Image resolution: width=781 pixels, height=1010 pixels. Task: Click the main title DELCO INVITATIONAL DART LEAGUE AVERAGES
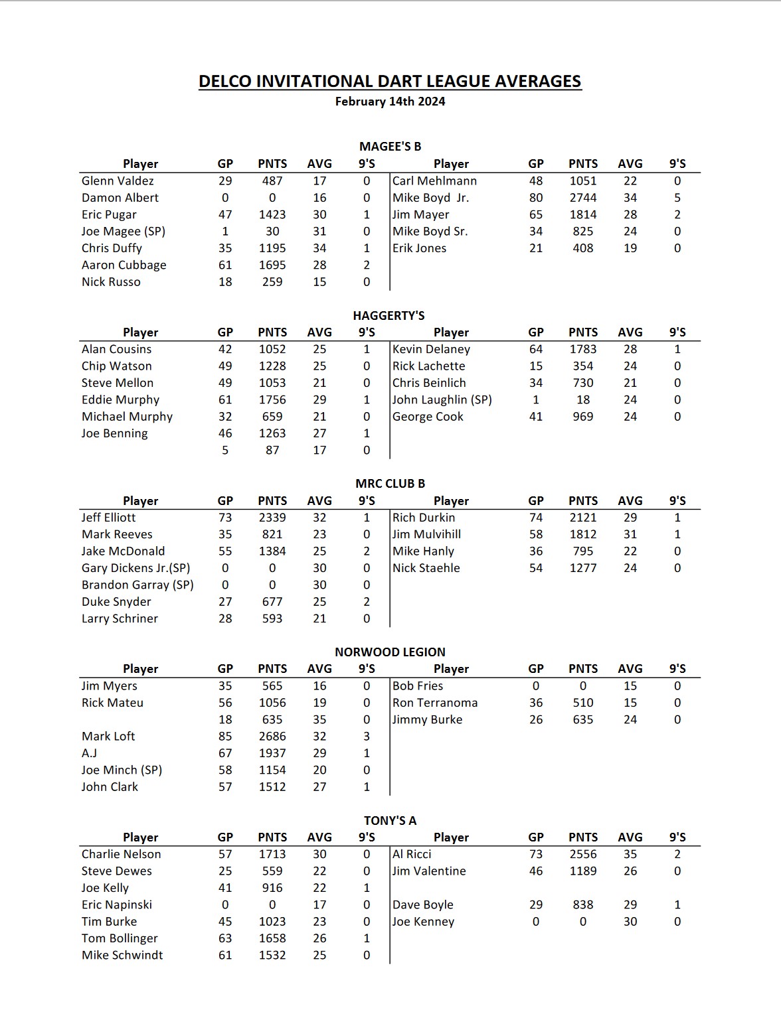pos(390,82)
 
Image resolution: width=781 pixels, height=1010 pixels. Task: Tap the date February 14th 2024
pos(390,102)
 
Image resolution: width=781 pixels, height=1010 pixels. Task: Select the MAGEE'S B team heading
pos(390,147)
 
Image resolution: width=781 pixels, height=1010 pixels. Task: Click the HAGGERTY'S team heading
pos(389,315)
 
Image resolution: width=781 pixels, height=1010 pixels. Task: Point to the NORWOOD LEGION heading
pos(390,652)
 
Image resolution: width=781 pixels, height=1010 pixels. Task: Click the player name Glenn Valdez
pos(118,180)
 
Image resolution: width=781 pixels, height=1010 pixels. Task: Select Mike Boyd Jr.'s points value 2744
pos(582,198)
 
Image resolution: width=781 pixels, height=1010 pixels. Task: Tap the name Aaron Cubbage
pos(124,265)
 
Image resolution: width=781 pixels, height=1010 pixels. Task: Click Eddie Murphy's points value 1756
pos(272,399)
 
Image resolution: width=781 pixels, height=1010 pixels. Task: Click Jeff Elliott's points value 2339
pos(272,518)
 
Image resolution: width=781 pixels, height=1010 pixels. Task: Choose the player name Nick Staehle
pos(426,568)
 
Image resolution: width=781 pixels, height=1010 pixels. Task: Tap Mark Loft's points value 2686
pos(272,736)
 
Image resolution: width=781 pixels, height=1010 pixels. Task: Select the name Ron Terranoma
pos(435,703)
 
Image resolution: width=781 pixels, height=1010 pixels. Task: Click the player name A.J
pos(90,753)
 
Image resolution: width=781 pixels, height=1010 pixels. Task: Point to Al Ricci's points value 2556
pos(582,854)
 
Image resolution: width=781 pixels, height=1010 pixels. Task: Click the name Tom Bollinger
pos(120,938)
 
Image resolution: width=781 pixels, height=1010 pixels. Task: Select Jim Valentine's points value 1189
pos(582,871)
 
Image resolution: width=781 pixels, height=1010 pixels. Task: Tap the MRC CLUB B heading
pos(390,484)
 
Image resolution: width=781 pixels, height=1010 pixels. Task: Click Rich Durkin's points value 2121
pos(582,518)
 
